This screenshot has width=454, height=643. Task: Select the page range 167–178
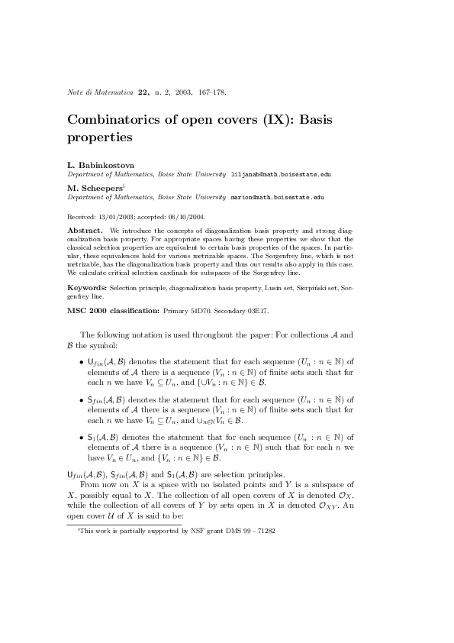click(211, 93)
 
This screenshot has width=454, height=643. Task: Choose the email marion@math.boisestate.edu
click(277, 197)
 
